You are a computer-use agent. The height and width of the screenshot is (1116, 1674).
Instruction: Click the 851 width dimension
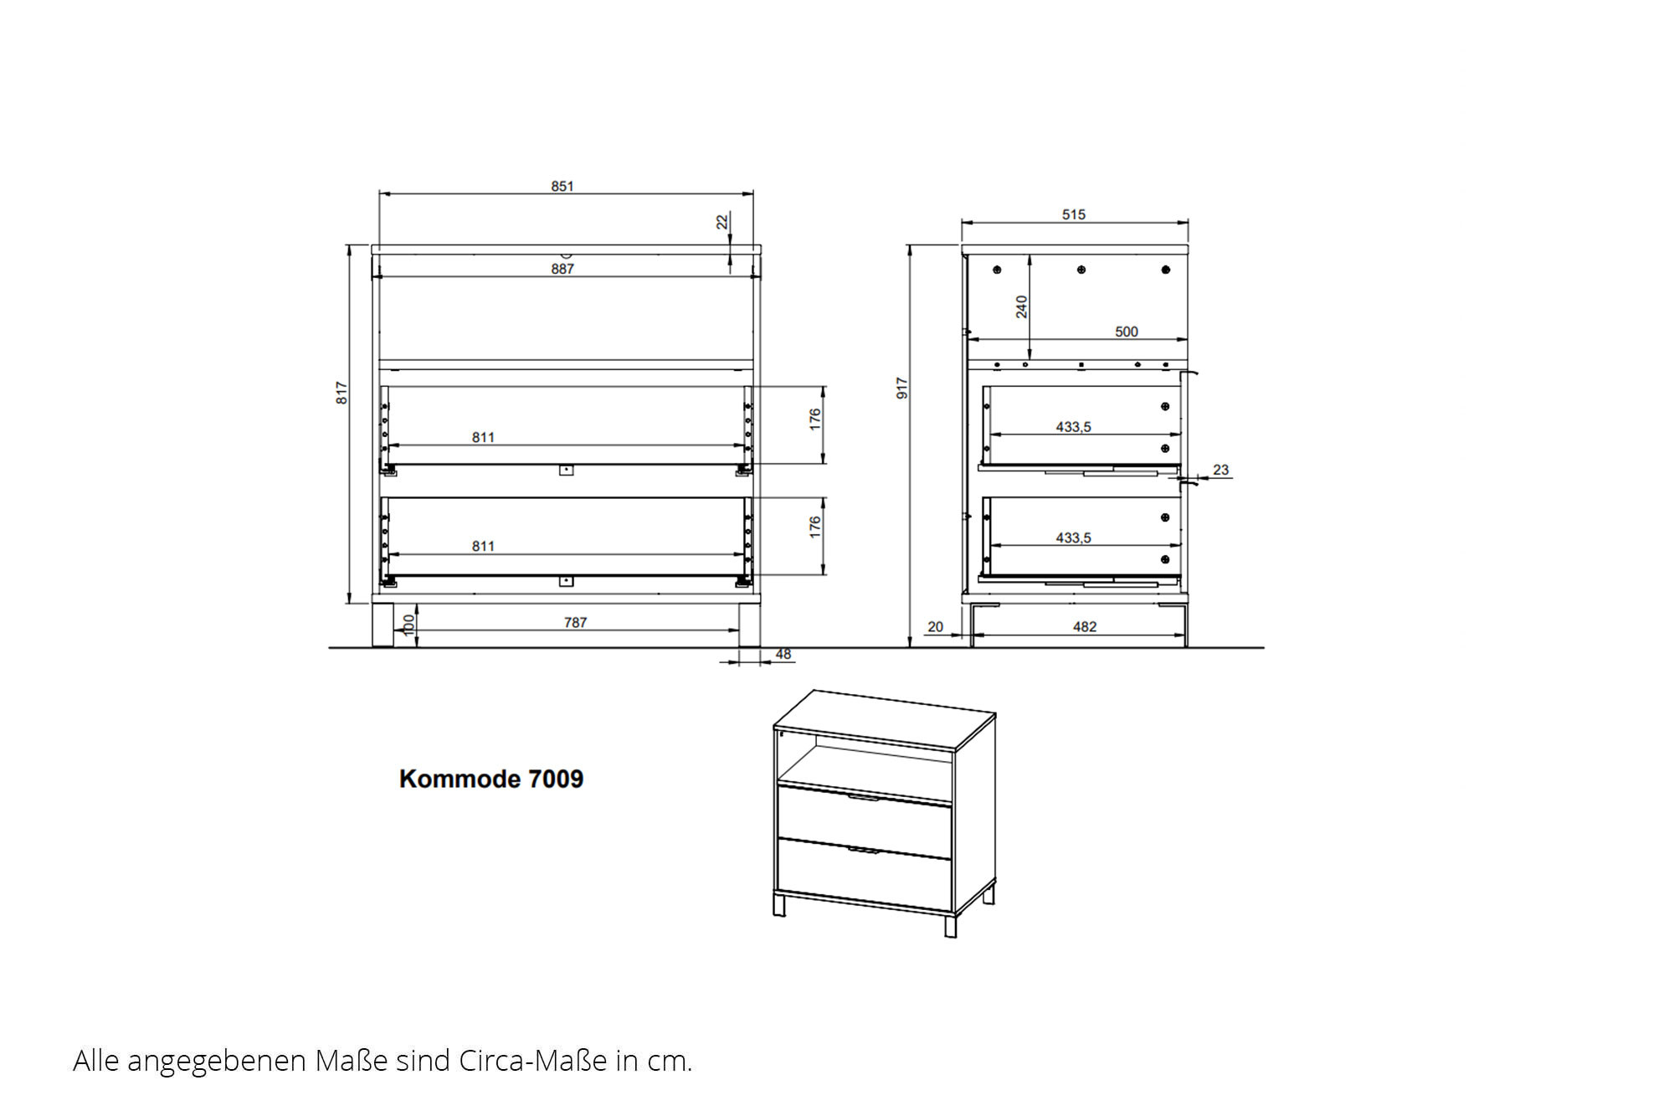click(x=562, y=186)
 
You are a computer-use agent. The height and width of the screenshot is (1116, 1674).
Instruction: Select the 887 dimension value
click(x=562, y=269)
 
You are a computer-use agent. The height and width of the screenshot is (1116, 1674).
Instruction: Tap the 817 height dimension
click(x=341, y=393)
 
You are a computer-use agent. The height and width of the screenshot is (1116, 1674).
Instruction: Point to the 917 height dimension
click(x=901, y=388)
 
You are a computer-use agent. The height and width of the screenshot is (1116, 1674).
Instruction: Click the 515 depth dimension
click(x=1074, y=214)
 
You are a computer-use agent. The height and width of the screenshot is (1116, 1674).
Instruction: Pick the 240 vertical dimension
click(x=1021, y=306)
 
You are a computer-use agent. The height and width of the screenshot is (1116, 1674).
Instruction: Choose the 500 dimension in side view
click(x=1127, y=332)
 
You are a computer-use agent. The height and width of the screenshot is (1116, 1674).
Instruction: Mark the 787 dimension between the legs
click(x=575, y=622)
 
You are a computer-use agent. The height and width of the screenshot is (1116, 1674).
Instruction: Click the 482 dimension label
click(x=1085, y=626)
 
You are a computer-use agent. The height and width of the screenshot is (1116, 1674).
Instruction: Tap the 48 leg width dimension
click(x=783, y=654)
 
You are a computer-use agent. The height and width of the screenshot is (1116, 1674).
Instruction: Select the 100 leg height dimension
click(x=409, y=625)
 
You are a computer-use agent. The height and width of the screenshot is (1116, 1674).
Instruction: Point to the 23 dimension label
click(x=1221, y=470)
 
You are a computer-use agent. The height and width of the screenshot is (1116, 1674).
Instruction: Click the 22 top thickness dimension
click(x=722, y=221)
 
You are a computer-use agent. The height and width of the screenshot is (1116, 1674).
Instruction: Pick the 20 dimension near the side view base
click(x=936, y=626)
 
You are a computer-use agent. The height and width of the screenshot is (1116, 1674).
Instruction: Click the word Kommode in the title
click(x=460, y=779)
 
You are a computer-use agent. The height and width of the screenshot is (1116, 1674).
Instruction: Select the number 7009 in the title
click(x=556, y=779)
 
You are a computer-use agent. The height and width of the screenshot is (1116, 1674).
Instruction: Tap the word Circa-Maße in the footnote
click(x=532, y=1061)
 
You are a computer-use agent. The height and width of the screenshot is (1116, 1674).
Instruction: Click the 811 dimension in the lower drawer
click(x=483, y=546)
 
